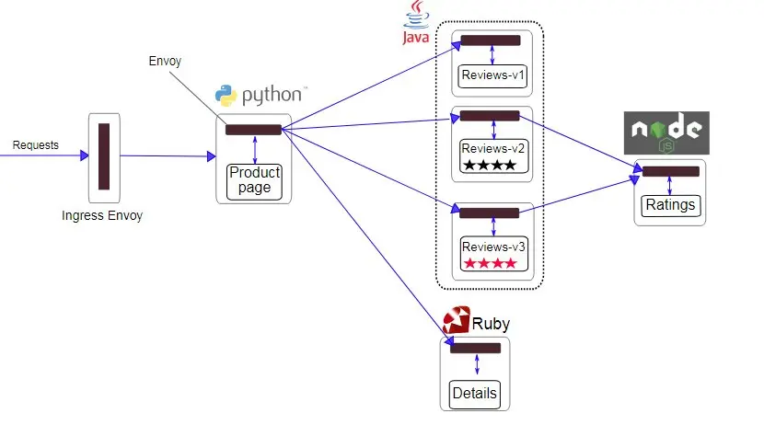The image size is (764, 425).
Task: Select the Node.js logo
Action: coord(667,133)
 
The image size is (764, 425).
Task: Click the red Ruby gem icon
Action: coord(457,320)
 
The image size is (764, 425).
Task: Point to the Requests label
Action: coord(35,145)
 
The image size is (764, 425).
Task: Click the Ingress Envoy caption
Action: coord(102,216)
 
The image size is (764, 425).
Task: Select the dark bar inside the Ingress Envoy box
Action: coord(104,156)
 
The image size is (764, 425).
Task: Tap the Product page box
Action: coord(254,180)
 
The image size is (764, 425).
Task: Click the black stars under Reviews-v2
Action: coord(490,166)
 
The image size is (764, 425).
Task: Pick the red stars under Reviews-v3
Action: coord(490,264)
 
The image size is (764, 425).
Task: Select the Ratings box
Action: coord(670,204)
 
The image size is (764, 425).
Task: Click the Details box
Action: coord(475,394)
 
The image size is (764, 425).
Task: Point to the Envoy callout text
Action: coord(165,62)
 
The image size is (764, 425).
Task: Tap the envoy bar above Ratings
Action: coord(670,171)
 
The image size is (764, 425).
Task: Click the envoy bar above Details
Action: coord(475,348)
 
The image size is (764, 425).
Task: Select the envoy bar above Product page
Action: coord(253,130)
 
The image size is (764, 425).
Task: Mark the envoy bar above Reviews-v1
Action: coord(491,40)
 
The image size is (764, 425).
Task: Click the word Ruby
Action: coord(491,324)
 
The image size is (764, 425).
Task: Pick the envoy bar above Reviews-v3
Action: coord(490,213)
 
